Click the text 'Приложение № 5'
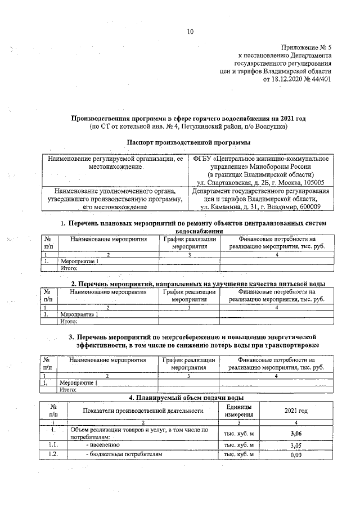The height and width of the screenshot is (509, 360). (306, 48)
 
